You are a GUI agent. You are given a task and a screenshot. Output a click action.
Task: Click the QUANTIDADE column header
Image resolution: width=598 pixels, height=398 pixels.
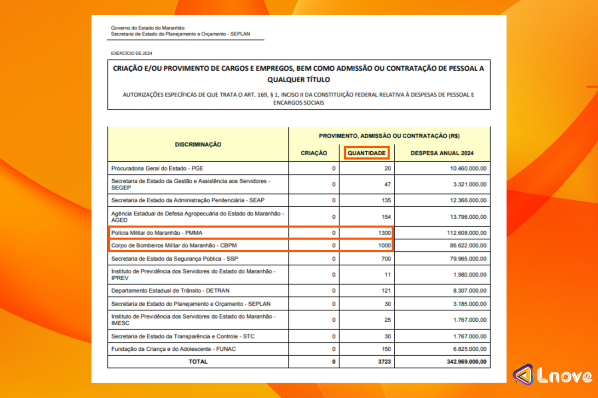366,153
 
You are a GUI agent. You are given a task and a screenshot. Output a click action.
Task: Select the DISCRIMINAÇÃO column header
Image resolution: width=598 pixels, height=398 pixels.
198,144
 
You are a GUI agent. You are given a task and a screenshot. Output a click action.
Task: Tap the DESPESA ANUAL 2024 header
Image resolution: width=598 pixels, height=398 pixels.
442,153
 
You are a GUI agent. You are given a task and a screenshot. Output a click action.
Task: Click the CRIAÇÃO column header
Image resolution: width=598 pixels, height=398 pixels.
314,153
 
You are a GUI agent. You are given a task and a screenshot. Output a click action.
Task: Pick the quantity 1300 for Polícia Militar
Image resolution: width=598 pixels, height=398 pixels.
384,233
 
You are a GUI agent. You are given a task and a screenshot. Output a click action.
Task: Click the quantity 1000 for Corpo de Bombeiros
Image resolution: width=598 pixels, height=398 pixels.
384,245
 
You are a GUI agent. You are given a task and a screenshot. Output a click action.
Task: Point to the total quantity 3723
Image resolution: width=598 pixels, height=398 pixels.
384,362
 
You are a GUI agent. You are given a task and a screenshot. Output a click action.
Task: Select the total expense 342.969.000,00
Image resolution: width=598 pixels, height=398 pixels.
466,362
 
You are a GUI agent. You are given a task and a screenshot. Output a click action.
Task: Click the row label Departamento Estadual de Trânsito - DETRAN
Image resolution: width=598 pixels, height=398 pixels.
170,290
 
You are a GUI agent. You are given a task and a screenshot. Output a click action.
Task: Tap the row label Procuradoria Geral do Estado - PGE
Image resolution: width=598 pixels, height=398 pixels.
157,168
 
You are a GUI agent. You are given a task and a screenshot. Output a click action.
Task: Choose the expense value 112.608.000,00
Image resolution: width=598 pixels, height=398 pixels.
466,233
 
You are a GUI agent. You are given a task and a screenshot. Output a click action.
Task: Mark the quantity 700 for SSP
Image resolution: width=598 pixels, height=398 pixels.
386,259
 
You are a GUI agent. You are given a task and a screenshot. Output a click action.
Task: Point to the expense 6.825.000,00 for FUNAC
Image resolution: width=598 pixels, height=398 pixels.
470,349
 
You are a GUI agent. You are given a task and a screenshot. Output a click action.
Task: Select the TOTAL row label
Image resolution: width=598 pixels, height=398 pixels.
198,362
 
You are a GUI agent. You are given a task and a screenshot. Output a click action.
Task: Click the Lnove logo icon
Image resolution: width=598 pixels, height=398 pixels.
524,375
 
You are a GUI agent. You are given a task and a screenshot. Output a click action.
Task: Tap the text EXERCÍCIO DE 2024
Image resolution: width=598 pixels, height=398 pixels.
132,53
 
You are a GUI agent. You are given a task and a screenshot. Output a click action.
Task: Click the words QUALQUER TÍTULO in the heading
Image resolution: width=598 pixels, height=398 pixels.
299,80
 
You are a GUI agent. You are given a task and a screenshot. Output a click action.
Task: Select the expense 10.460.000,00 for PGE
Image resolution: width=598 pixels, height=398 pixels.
468,168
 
